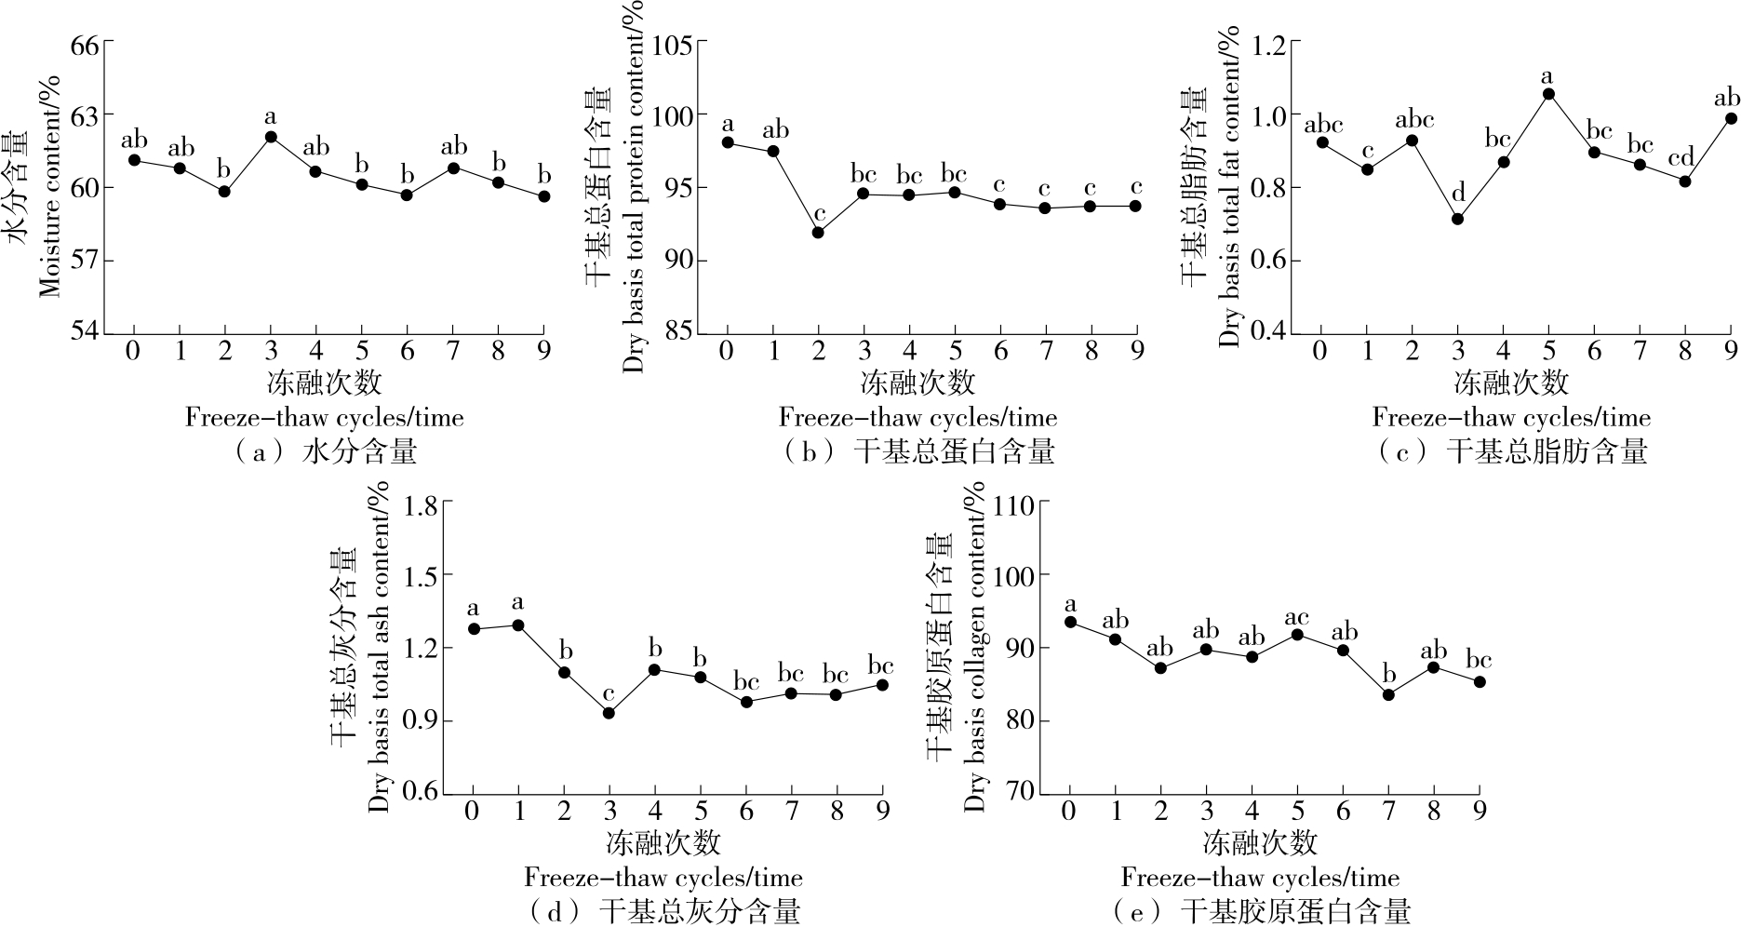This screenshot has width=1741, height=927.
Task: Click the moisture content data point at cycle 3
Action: (x=271, y=137)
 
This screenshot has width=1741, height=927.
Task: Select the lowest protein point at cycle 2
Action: (x=818, y=233)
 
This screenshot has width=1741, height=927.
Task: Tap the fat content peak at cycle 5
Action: (x=1548, y=94)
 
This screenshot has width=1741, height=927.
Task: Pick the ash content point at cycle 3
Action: (x=609, y=713)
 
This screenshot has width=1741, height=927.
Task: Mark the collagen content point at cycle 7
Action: (x=1388, y=694)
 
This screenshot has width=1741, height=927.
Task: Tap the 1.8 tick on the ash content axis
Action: (x=422, y=504)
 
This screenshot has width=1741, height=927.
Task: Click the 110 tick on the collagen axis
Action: (x=1015, y=504)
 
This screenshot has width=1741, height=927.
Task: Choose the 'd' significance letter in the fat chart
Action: (x=1457, y=193)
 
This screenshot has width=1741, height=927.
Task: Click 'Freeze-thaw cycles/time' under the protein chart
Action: (x=917, y=417)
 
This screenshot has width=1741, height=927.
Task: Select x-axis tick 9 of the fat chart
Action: (x=1731, y=351)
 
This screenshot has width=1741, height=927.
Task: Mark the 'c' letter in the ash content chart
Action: (x=609, y=694)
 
